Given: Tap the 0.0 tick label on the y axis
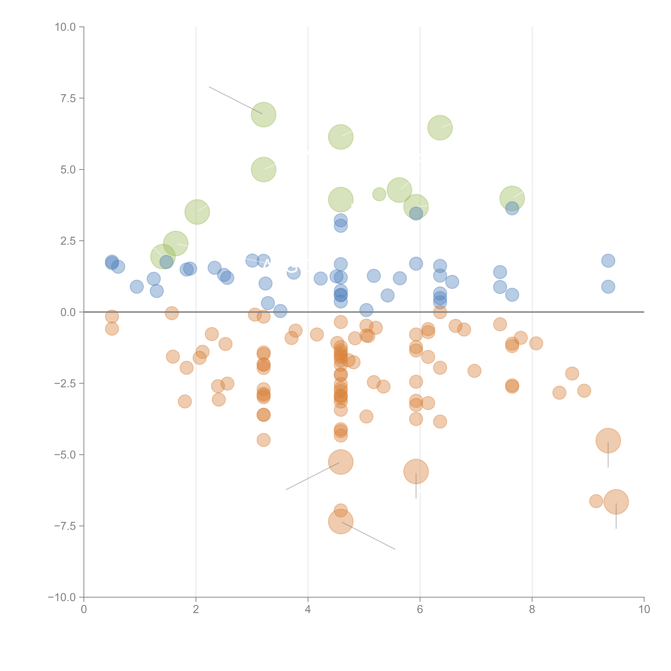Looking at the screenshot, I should pos(68,312).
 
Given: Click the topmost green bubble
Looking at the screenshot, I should pos(264,115).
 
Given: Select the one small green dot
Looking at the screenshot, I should pos(379,194).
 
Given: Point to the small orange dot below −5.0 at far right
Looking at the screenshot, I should pos(596,501).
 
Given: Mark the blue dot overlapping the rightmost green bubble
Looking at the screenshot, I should pos(512,208).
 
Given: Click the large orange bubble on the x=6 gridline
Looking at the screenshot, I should pos(416,471).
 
